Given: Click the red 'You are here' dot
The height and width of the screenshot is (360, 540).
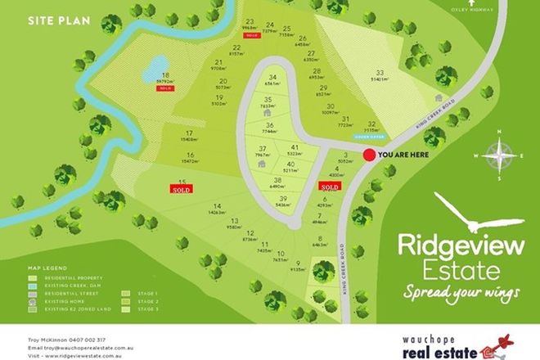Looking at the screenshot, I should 370,153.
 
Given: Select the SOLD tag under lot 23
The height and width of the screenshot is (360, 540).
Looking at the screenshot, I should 251,37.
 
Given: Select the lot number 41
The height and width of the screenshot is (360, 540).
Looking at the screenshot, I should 293,146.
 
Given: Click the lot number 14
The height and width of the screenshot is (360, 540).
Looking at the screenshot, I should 217,206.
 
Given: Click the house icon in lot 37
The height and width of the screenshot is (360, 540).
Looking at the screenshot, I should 261,164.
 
